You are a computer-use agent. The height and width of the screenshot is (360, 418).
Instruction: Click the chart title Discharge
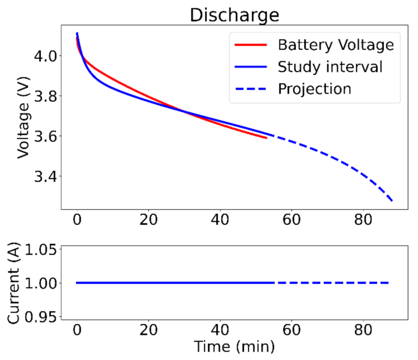pos(234,15)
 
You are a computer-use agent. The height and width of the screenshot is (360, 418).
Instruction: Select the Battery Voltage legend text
pos(335,45)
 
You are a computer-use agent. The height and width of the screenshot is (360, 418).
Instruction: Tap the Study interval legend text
pos(330,67)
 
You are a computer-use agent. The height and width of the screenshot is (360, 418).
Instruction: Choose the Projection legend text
pos(315,89)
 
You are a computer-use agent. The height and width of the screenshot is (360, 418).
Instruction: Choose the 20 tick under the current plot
pos(148,330)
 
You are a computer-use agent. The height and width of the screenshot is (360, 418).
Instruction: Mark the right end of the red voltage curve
pos(266,138)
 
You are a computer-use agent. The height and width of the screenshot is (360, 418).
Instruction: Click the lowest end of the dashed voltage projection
pos(392,201)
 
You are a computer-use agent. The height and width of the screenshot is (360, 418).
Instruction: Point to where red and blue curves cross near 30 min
pos(183,111)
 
